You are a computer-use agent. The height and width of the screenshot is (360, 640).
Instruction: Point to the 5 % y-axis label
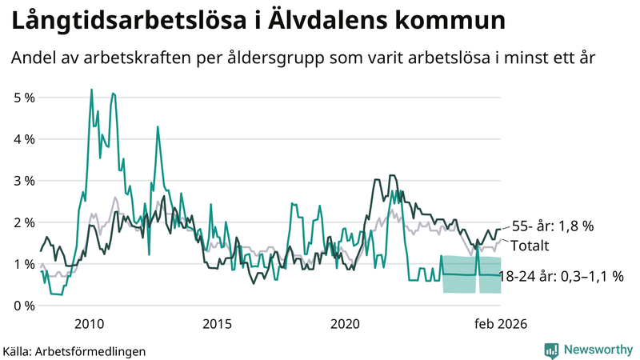(x=25, y=98)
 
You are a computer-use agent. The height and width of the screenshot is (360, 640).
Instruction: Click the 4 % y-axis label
(x=25, y=139)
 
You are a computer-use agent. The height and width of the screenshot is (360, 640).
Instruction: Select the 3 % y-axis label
(x=25, y=181)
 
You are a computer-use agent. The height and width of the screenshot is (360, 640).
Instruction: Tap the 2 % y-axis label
(x=25, y=222)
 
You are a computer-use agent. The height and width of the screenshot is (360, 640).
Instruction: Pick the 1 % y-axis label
(x=25, y=264)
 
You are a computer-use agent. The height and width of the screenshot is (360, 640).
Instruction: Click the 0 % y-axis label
(x=25, y=306)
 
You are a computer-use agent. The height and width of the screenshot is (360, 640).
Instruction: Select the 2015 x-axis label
(x=217, y=323)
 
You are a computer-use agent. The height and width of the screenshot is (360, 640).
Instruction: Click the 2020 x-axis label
(x=346, y=323)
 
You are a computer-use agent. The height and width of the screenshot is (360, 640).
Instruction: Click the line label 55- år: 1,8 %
(x=554, y=226)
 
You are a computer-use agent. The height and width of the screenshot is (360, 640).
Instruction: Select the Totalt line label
(x=530, y=246)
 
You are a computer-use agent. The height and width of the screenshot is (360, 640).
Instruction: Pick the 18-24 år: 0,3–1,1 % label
(x=560, y=277)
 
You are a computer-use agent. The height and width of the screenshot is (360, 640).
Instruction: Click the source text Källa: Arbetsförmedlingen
(x=74, y=350)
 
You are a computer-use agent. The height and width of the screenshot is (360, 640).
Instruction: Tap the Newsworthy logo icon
(x=551, y=350)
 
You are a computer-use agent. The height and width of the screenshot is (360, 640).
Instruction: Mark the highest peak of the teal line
(x=91, y=90)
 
